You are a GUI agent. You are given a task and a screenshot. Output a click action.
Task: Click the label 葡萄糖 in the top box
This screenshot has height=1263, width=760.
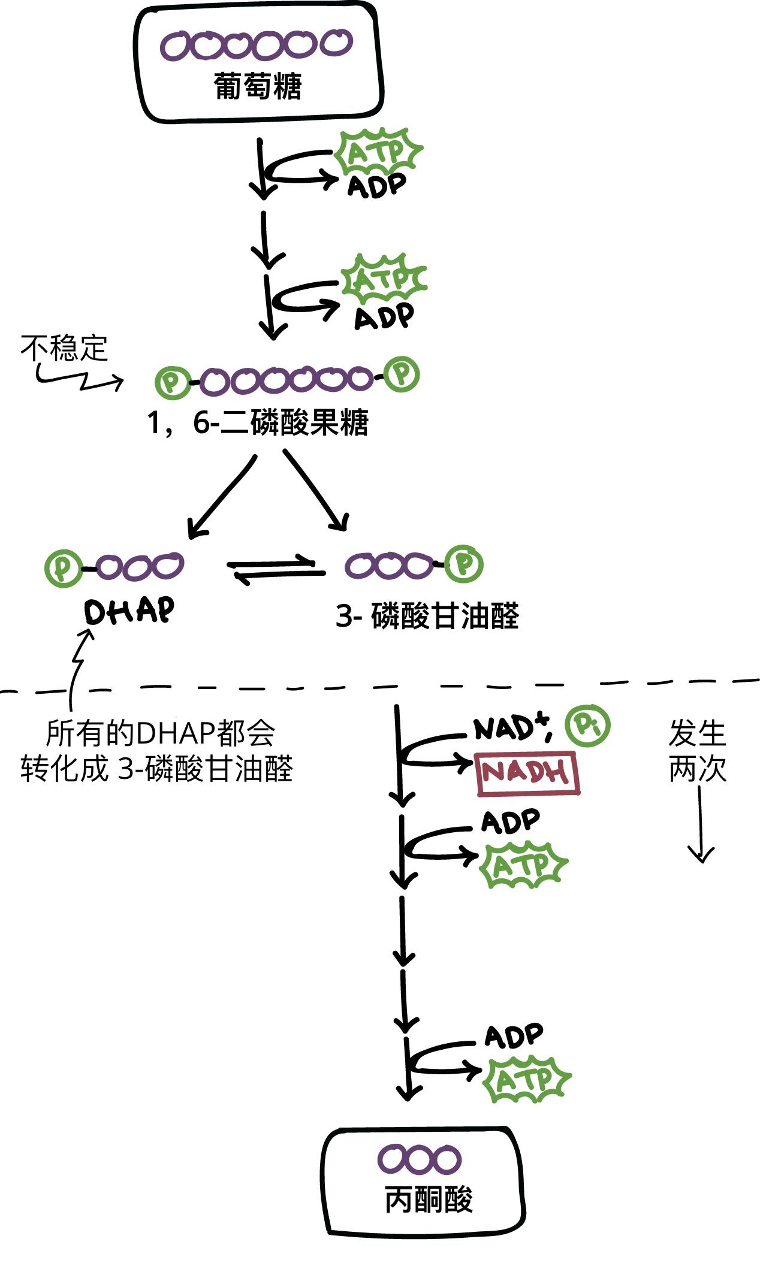(258, 86)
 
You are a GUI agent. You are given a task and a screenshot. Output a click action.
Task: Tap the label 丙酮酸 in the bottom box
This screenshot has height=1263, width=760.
(428, 1199)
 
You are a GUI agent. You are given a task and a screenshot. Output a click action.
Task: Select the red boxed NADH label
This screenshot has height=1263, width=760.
(527, 773)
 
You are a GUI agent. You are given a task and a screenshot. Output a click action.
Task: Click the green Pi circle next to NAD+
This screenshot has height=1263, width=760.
(587, 726)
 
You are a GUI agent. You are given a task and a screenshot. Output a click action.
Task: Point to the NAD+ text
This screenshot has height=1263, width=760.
(509, 729)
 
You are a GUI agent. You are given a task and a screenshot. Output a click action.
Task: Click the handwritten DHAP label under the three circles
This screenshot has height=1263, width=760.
(129, 611)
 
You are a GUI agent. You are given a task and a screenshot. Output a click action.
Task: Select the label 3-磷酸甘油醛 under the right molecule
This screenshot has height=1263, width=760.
(427, 616)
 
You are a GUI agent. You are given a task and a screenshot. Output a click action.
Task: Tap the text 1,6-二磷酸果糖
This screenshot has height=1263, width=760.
(258, 422)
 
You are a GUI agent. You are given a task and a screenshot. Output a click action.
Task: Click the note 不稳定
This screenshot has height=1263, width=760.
(64, 348)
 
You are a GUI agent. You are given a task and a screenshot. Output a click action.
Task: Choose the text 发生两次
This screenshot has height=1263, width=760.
(697, 751)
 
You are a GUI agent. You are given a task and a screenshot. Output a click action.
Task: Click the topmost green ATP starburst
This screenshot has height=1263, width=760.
(378, 151)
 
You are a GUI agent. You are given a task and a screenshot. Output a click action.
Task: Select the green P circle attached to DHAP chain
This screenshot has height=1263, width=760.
(63, 567)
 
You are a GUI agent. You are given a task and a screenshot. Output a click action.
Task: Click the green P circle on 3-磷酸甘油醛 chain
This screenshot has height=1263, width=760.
(465, 564)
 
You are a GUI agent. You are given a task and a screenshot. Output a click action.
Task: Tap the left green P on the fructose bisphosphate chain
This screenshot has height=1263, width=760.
(172, 382)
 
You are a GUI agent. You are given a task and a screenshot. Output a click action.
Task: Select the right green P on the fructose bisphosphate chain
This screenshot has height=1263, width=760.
(402, 374)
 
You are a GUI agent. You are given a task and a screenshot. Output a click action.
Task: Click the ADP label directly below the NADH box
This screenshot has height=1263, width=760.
(511, 822)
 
